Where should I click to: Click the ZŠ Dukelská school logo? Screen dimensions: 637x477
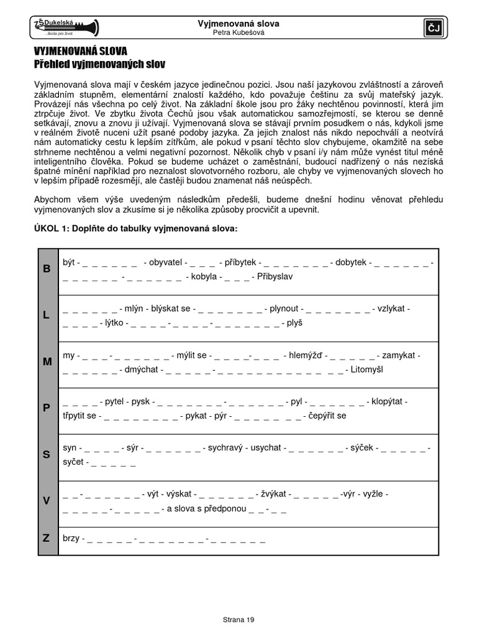(65, 27)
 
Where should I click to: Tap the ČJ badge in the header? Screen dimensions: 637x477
(432, 27)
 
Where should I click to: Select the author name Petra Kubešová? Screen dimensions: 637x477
(238, 33)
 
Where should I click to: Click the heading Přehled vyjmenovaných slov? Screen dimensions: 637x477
(99, 64)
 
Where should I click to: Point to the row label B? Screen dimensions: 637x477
(47, 269)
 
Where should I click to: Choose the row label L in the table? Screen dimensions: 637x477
(47, 315)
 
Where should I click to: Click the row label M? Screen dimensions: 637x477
(47, 361)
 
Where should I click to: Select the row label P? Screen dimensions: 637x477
(47, 407)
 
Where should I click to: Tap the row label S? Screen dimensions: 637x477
(47, 454)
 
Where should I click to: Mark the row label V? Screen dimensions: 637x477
(47, 501)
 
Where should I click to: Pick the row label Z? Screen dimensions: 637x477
(47, 538)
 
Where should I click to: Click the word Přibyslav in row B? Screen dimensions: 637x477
(274, 276)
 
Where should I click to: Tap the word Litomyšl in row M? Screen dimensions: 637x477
(368, 370)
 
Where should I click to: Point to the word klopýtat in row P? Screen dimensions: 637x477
(389, 401)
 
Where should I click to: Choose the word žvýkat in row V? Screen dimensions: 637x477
(273, 494)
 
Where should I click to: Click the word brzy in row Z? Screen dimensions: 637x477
(71, 538)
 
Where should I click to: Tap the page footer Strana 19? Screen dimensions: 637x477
(238, 620)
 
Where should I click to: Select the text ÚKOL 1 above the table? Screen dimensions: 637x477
(52, 229)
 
